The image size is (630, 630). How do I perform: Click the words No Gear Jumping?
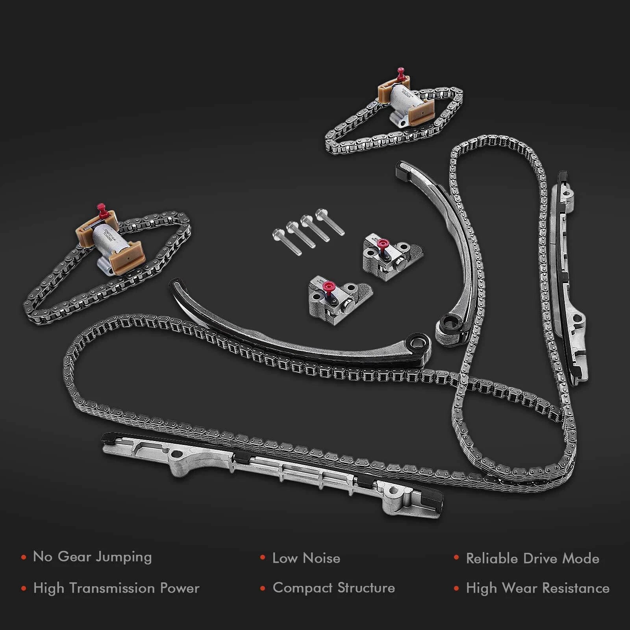tap(92, 557)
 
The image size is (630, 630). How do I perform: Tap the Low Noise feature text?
tap(306, 558)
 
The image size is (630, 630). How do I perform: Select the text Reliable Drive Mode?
tap(532, 558)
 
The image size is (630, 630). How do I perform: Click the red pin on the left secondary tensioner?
tap(102, 209)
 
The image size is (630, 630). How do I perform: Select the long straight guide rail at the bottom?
tap(272, 471)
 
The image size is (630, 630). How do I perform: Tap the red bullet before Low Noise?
tap(262, 558)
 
